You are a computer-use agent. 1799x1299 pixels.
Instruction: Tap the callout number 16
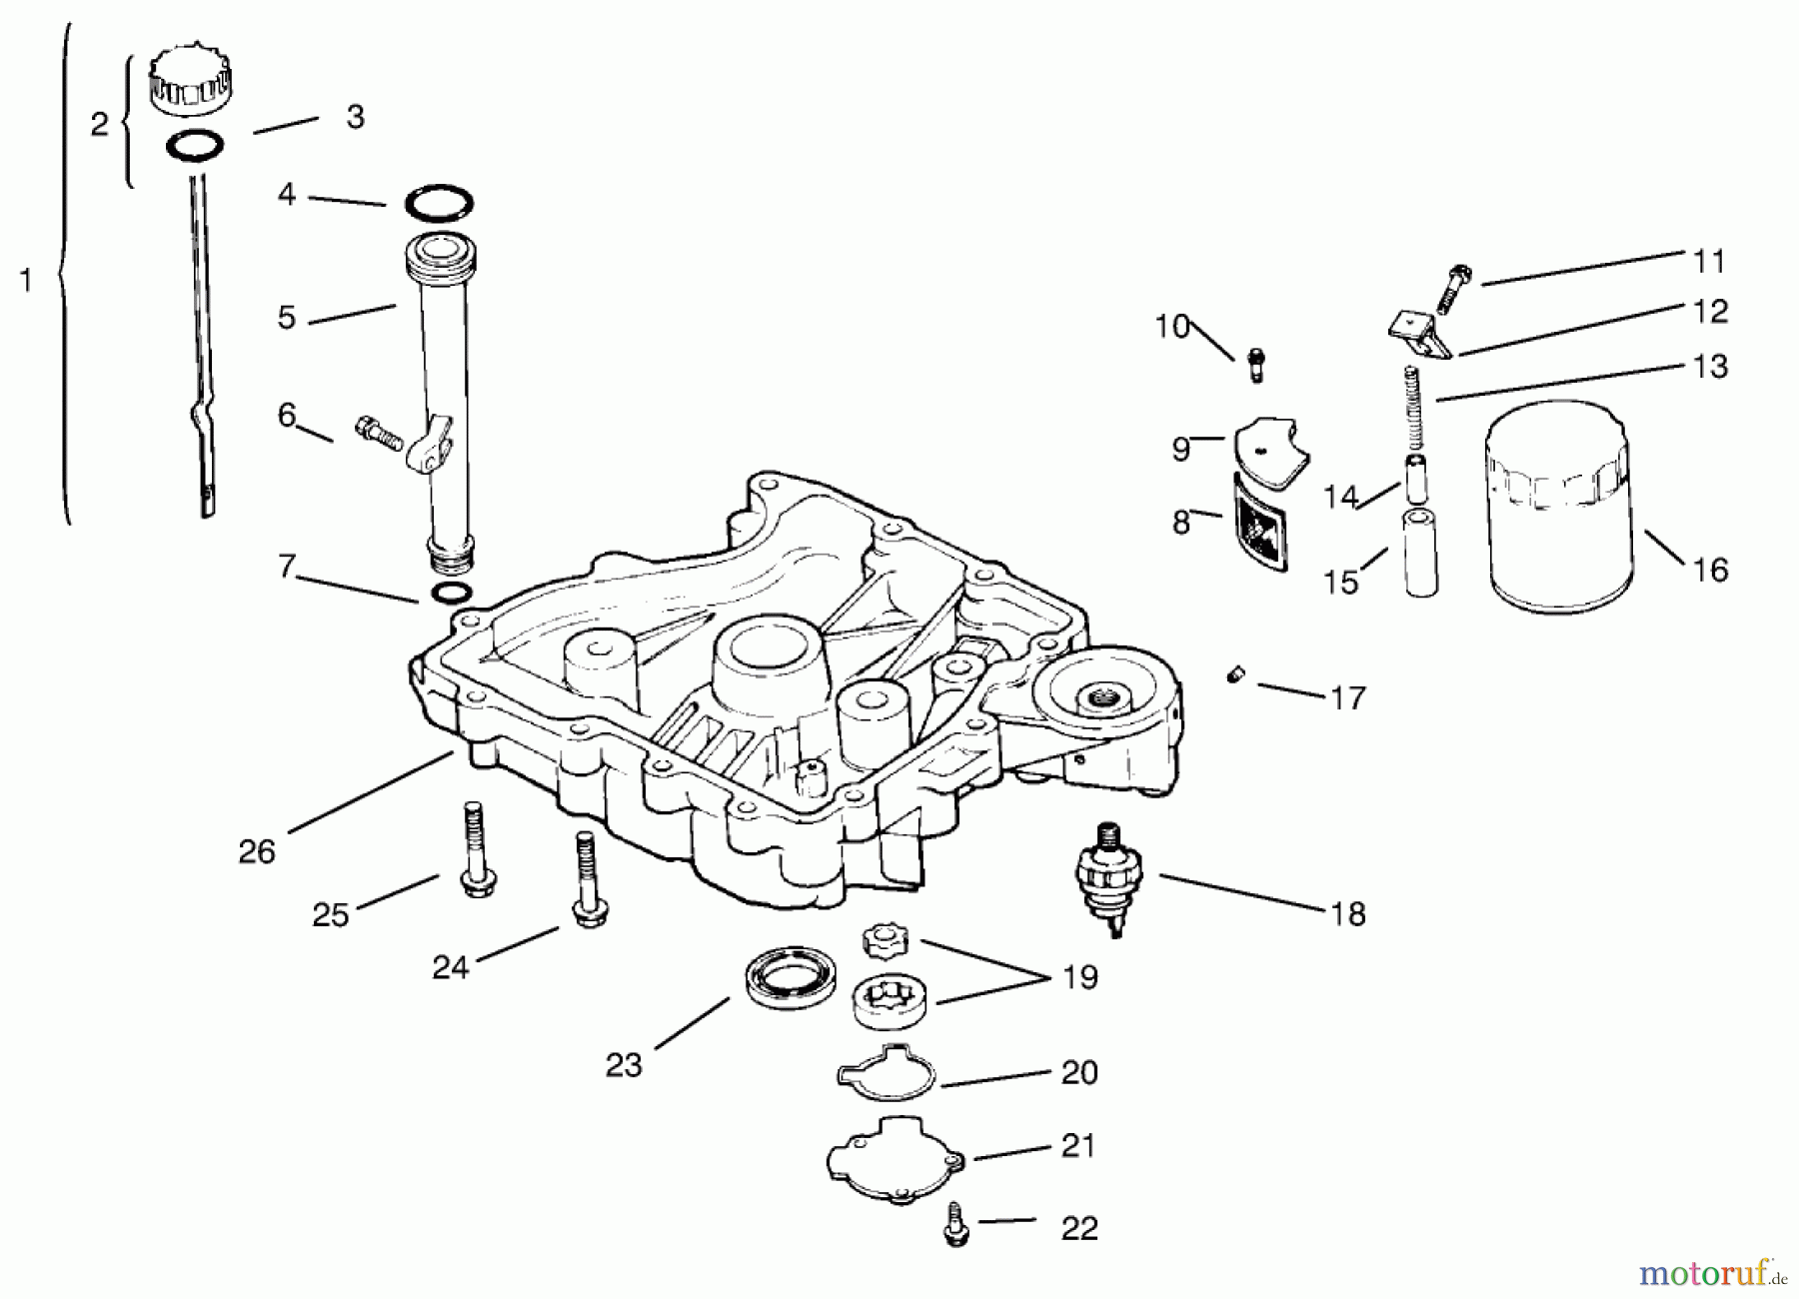pyautogui.click(x=1710, y=570)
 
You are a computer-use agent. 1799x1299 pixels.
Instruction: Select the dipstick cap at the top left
pyautogui.click(x=190, y=81)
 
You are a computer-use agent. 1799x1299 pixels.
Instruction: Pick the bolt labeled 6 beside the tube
pyautogui.click(x=379, y=433)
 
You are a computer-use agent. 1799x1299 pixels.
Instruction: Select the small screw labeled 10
pyautogui.click(x=1256, y=364)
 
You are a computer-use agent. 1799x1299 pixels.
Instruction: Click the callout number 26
pyautogui.click(x=256, y=851)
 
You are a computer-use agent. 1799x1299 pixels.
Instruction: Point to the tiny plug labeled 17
pyautogui.click(x=1235, y=677)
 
